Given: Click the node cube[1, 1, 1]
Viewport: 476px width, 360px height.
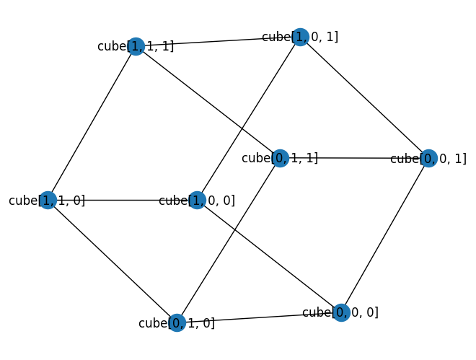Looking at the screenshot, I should click(x=136, y=47).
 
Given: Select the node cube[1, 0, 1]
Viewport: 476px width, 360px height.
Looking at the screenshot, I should click(x=300, y=37).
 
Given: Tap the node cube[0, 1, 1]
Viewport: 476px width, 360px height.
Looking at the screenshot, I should click(x=281, y=158).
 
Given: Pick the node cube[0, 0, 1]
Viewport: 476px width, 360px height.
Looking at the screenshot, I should click(x=428, y=159).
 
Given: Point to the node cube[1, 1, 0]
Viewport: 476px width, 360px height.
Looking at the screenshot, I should click(x=48, y=200).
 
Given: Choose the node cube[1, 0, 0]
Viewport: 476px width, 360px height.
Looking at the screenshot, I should click(x=197, y=200).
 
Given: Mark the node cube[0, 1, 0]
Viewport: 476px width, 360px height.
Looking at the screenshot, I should click(x=177, y=322).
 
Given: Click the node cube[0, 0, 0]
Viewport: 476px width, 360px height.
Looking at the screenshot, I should click(x=341, y=312).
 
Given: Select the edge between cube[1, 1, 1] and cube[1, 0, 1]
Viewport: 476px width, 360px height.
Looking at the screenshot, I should click(x=218, y=42).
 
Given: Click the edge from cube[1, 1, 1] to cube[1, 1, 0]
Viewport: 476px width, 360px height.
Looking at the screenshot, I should click(x=92, y=123).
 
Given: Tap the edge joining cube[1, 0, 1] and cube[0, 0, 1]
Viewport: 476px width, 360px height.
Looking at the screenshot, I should click(x=364, y=97).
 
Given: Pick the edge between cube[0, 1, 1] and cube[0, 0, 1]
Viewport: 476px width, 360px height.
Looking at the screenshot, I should click(x=354, y=158).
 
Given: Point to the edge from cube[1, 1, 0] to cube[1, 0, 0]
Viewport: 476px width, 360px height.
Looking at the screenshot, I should click(x=123, y=200).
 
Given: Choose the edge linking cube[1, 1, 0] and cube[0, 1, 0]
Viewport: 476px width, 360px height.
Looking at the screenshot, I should click(x=113, y=261).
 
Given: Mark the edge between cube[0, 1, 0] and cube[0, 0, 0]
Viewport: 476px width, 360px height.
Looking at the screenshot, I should click(x=259, y=317).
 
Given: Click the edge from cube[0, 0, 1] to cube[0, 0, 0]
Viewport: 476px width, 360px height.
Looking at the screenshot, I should click(x=384, y=236).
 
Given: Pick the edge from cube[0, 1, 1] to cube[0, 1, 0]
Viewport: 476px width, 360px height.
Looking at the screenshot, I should click(x=229, y=240).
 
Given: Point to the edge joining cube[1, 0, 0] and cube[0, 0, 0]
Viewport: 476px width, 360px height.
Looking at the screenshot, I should click(x=269, y=256).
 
